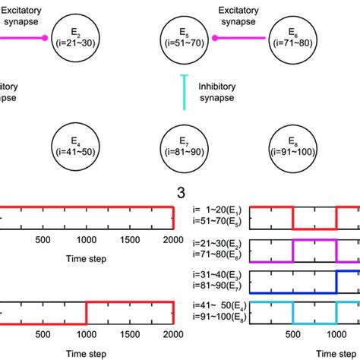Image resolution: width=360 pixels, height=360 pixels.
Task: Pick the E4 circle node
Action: click(x=74, y=145)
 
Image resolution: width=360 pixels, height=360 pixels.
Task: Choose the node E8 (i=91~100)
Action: click(x=292, y=145)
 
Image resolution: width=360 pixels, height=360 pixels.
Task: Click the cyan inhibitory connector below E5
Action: click(x=182, y=92)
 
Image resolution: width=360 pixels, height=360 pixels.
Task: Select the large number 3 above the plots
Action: click(x=181, y=193)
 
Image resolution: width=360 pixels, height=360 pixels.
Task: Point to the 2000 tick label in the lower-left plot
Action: click(x=173, y=333)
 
